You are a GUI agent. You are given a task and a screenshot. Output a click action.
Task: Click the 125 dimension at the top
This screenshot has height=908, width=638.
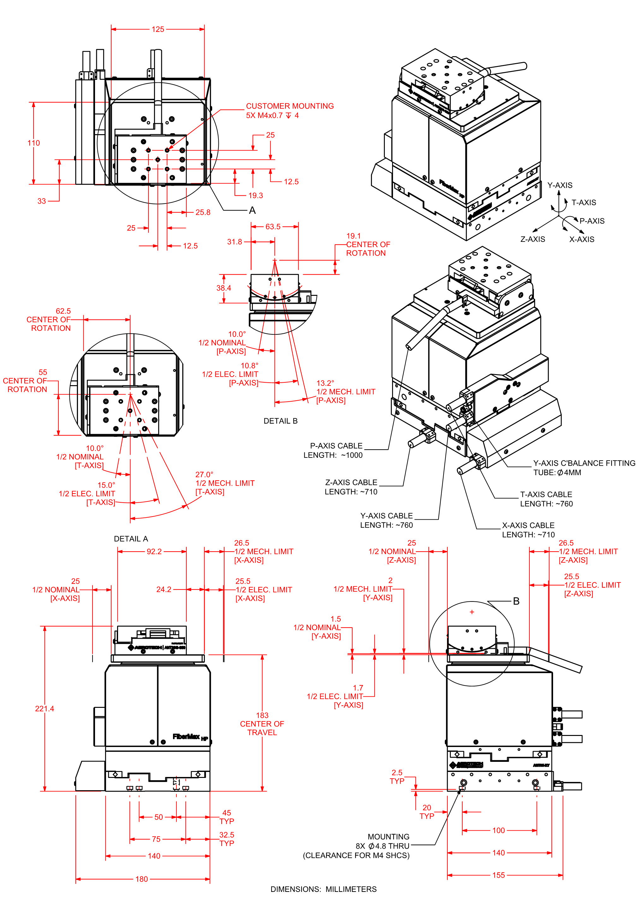[158, 29]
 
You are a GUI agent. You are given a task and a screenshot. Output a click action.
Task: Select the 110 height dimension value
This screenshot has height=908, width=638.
[34, 143]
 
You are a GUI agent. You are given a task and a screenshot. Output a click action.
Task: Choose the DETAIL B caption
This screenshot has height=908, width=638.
[280, 421]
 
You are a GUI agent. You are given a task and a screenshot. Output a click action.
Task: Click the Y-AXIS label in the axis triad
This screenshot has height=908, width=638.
[559, 185]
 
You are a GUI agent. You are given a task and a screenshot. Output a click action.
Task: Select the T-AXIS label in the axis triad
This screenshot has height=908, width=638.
[583, 202]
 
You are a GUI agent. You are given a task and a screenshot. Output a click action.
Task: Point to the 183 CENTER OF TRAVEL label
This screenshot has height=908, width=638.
[262, 724]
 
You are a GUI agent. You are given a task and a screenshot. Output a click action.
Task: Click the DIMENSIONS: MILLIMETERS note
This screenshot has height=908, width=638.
[323, 889]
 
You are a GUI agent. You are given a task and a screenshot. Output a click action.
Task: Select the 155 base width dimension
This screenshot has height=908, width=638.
[498, 875]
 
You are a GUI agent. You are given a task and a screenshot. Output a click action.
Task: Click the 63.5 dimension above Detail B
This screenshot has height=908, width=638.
[273, 227]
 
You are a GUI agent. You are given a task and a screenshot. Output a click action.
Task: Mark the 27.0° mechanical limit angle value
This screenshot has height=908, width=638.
[204, 475]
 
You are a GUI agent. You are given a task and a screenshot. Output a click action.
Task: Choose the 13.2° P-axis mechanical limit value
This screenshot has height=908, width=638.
[325, 383]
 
